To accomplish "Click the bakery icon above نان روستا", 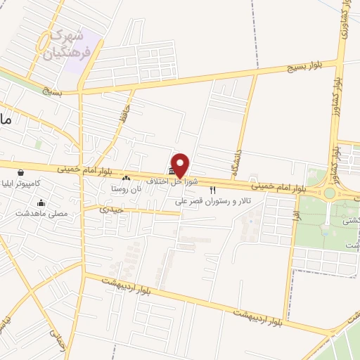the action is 127,178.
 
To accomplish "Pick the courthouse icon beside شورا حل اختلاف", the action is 172,172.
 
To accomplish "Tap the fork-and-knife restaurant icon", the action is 212,190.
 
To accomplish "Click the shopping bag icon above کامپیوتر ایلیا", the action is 21,172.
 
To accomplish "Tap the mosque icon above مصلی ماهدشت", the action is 41,202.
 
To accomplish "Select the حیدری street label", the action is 111,209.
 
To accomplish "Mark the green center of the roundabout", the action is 330,193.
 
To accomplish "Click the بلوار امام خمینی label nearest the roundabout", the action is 281,186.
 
